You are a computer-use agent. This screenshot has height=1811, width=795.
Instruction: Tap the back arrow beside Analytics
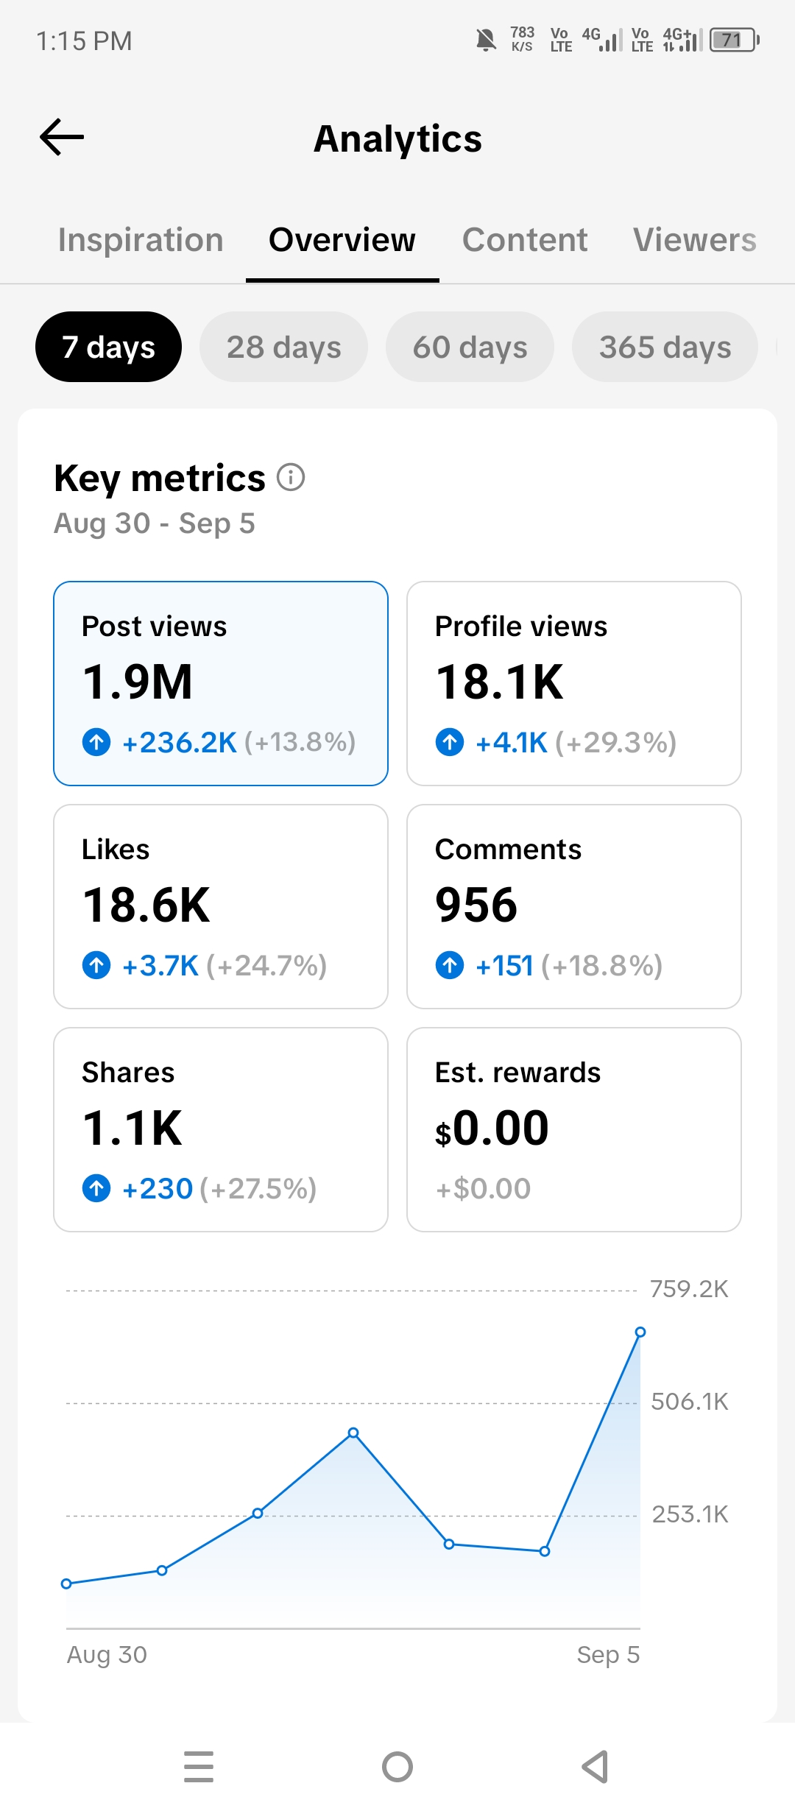tap(62, 137)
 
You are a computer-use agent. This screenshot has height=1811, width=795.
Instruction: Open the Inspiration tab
tap(141, 240)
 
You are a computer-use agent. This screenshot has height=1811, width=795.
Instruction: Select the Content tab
tap(525, 240)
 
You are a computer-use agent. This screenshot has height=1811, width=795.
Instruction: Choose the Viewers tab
tap(695, 240)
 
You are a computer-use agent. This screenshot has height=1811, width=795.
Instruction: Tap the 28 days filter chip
tap(283, 347)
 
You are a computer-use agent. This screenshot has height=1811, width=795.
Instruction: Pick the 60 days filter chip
tap(470, 347)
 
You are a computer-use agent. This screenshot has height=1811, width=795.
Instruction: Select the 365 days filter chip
tap(665, 347)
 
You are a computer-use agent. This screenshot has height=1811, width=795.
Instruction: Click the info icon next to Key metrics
tap(291, 477)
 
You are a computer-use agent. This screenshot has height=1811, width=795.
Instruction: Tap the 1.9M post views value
tap(138, 682)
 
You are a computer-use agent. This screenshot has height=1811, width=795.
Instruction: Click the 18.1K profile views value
tap(499, 682)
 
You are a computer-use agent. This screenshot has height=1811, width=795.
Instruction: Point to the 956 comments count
tap(476, 905)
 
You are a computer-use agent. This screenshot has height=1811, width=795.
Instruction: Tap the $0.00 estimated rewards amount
tap(492, 1128)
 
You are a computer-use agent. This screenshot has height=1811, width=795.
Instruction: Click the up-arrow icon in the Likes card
tap(96, 964)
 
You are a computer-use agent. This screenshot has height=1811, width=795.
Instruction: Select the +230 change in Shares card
tap(158, 1188)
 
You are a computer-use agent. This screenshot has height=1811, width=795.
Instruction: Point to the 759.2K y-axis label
tap(689, 1289)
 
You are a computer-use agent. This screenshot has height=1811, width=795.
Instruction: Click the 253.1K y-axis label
tap(690, 1514)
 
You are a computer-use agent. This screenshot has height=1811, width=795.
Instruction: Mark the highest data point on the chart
tap(640, 1332)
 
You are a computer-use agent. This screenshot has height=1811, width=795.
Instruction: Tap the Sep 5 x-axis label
tap(608, 1655)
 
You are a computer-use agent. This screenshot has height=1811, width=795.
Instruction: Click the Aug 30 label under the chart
tap(107, 1655)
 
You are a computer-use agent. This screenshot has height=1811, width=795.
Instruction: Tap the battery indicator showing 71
tap(734, 40)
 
